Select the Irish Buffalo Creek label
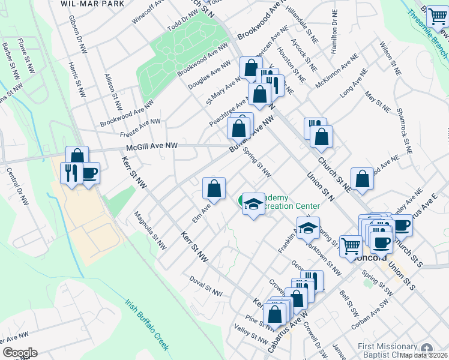[147, 322]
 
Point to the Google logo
[19, 353]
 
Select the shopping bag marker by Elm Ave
[214, 188]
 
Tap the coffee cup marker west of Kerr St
[89, 173]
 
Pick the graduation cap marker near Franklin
[308, 228]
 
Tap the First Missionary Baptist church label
[387, 350]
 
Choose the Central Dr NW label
[17, 186]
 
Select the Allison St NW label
[112, 86]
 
